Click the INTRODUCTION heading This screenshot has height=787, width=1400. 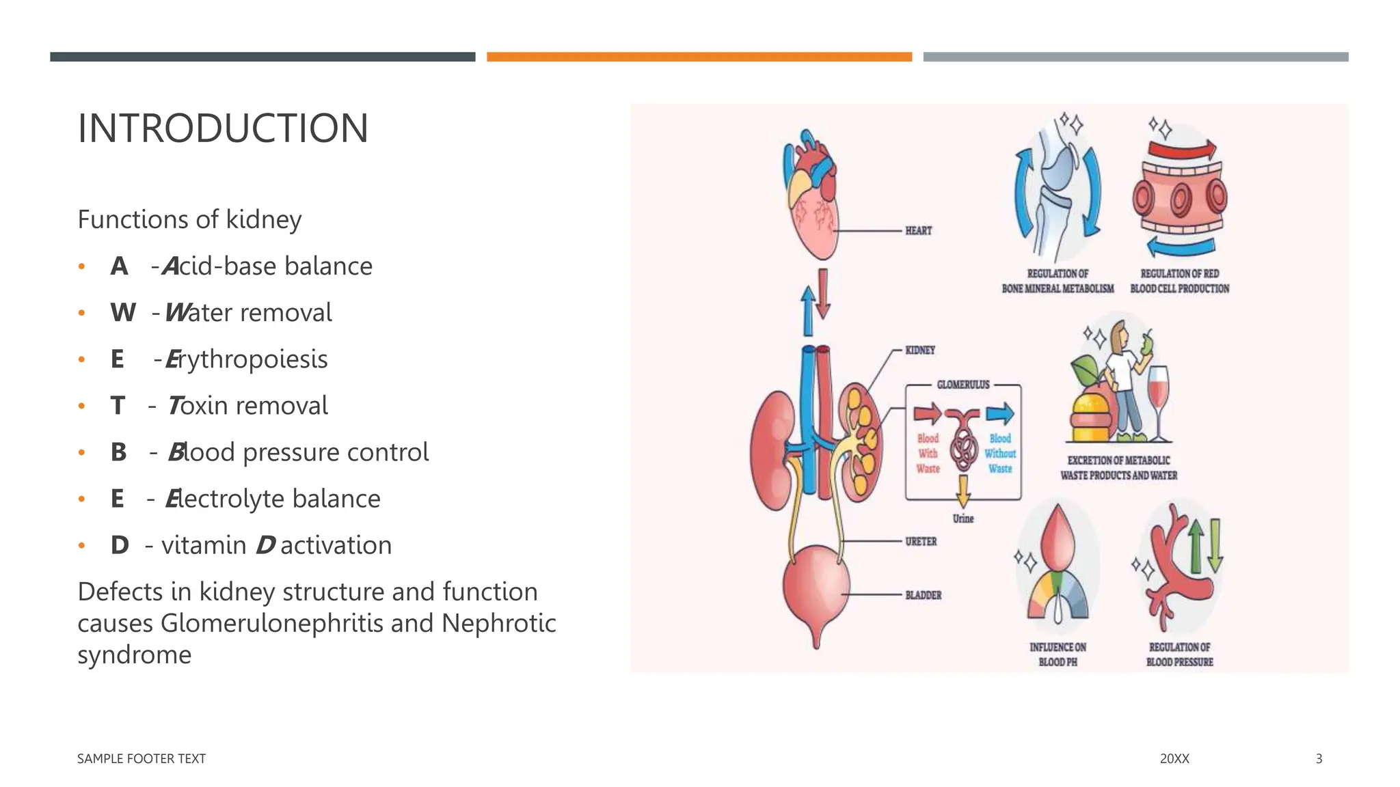click(x=223, y=128)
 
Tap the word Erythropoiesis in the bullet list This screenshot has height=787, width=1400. click(x=247, y=359)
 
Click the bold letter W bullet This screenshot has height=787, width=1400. click(x=122, y=313)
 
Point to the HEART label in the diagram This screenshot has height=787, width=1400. click(x=918, y=231)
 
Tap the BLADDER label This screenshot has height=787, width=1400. click(x=923, y=595)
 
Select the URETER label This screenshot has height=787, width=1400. click(x=921, y=542)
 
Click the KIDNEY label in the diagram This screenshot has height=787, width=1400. click(x=920, y=350)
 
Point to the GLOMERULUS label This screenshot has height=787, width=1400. click(x=963, y=385)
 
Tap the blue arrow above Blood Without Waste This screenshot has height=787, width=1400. click(x=1000, y=413)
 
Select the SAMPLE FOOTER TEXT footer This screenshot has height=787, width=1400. click(x=142, y=759)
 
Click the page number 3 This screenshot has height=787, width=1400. click(x=1319, y=759)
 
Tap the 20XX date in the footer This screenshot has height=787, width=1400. click(x=1174, y=759)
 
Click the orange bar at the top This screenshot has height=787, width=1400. click(x=699, y=57)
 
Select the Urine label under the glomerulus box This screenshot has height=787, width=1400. click(x=963, y=519)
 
